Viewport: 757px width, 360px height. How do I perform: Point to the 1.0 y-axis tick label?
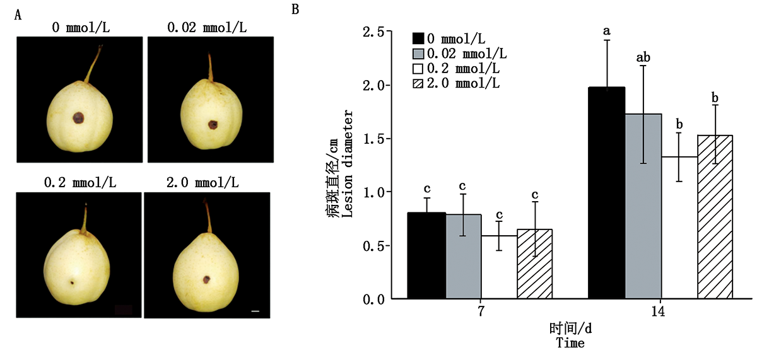[x=374, y=192]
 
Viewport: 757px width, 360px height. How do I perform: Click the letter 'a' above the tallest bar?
[x=607, y=30]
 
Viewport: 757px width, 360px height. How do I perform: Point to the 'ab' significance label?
[x=643, y=57]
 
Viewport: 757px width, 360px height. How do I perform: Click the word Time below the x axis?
[x=570, y=344]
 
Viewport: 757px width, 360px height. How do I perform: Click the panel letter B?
[x=295, y=9]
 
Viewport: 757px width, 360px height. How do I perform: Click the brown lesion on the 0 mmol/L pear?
[x=78, y=118]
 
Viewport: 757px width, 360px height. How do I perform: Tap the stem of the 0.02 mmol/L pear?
[x=211, y=66]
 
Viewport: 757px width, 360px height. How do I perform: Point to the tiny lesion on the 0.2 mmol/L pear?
[x=72, y=282]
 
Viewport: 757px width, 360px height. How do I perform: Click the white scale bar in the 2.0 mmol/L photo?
[x=255, y=311]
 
